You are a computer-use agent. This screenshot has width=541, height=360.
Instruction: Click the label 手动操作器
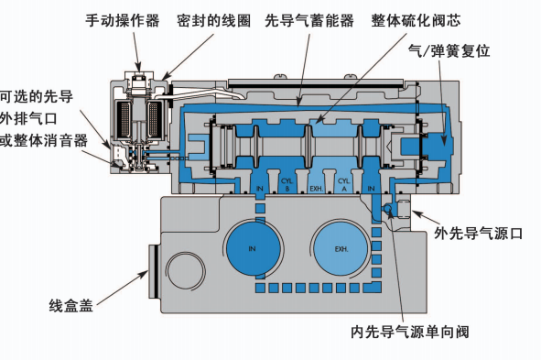pos(122,19)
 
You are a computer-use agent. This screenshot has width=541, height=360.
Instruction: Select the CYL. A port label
pos(343,183)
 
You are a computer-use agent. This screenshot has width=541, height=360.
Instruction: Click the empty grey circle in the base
pos(188,272)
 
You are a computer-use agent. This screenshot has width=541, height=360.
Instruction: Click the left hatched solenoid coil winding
pos(120,120)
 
